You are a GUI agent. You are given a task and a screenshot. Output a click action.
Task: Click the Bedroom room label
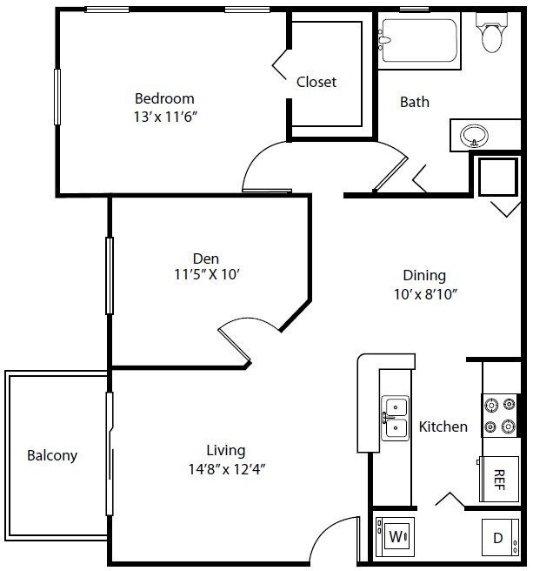click(x=164, y=98)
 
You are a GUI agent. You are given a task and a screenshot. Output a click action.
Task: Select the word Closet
click(x=316, y=82)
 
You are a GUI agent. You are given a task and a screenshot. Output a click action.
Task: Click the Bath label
click(x=415, y=102)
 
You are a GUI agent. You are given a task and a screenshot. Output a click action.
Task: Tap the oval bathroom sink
click(x=475, y=136)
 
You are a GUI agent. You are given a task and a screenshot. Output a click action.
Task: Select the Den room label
click(x=206, y=259)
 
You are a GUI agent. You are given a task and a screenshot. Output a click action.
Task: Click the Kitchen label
click(x=443, y=427)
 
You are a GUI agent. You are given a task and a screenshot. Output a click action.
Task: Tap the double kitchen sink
click(x=395, y=417)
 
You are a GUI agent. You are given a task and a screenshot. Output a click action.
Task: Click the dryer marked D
click(x=497, y=538)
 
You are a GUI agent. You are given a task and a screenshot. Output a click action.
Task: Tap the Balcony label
click(x=52, y=455)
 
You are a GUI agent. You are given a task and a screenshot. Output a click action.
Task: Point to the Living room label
click(x=225, y=451)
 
